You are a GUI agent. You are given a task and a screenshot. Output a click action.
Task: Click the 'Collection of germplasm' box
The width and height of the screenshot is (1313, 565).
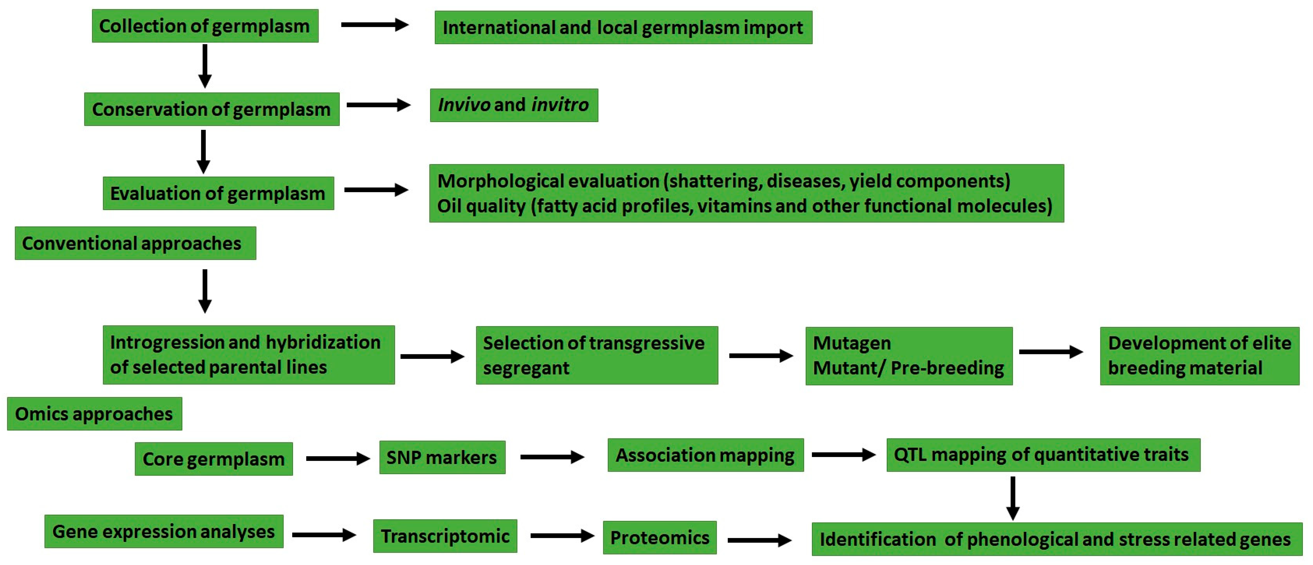tap(205, 26)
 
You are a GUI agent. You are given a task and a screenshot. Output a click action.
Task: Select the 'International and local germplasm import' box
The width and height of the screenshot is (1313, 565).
tap(623, 28)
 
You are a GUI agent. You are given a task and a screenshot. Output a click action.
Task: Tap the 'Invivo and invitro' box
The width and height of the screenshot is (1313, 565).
tap(514, 105)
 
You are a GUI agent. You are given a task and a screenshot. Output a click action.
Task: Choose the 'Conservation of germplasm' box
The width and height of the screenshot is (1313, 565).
tap(212, 109)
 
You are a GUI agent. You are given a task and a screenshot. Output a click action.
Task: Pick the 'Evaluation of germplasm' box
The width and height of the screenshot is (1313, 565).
tap(218, 193)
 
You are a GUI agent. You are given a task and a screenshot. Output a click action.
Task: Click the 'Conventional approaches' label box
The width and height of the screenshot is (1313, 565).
tap(135, 243)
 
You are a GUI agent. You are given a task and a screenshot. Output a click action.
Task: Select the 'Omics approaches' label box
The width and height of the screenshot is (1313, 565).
tap(94, 414)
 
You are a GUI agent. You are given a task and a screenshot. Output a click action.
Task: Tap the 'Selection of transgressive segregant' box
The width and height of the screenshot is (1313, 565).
tap(596, 355)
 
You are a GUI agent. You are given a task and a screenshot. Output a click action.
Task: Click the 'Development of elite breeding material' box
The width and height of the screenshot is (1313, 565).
tap(1199, 356)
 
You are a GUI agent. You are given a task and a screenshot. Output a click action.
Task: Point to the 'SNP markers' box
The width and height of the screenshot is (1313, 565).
tap(442, 458)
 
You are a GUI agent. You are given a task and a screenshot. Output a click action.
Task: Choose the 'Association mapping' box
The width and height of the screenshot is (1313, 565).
tap(705, 455)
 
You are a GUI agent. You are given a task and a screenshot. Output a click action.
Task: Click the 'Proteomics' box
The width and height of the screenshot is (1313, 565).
tap(659, 537)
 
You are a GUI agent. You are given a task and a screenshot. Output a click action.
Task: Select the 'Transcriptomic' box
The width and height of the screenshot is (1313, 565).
tap(445, 536)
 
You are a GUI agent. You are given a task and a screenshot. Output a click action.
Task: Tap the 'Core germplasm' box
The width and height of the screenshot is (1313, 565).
tap(213, 459)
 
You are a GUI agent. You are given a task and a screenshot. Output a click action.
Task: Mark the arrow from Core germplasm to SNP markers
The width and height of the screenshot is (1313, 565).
tap(337, 458)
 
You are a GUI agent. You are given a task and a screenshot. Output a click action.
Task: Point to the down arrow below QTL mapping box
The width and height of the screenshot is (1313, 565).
tap(1013, 498)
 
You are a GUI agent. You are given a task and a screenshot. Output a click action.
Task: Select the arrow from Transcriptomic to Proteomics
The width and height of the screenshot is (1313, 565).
tap(562, 535)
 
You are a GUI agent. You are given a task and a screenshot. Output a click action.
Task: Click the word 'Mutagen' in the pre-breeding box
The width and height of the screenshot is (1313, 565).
tap(852, 343)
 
